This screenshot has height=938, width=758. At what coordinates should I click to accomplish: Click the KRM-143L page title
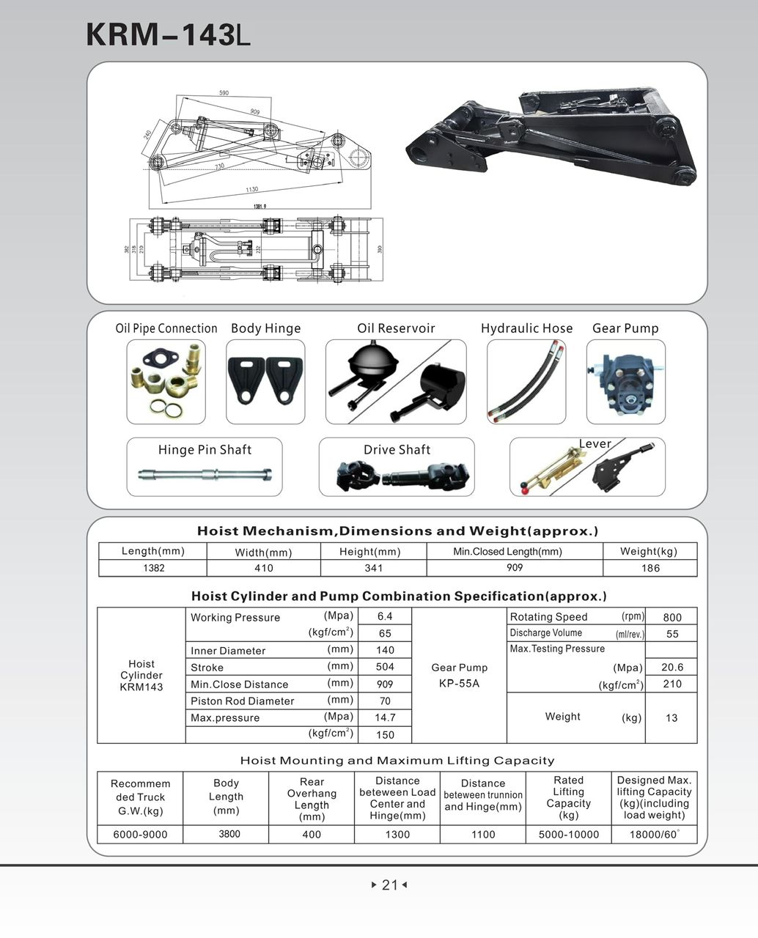[x=168, y=34]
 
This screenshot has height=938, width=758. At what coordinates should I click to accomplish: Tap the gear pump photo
[x=625, y=382]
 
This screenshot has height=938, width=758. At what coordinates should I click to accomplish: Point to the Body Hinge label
[x=265, y=328]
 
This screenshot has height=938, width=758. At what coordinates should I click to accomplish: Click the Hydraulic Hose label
[x=526, y=328]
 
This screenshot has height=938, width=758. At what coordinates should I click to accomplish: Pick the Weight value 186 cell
[x=650, y=568]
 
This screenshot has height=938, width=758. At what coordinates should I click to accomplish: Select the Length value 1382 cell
[x=153, y=568]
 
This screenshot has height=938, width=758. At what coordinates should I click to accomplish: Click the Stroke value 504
[x=385, y=667]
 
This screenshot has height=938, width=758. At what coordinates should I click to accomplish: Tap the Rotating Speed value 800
[x=671, y=617]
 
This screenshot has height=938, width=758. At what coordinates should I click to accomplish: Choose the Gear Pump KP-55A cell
[x=459, y=675]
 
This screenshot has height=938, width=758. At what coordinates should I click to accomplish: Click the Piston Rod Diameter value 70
[x=385, y=701]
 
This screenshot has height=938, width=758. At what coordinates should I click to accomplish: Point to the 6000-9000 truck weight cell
[x=140, y=834]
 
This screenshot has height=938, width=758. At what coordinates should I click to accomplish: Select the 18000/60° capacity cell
[x=654, y=834]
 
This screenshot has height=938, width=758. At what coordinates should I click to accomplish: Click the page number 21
[x=389, y=885]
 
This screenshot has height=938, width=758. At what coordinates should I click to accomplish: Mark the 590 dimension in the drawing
[x=224, y=94]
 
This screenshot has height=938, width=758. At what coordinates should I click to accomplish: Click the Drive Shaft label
[x=397, y=450]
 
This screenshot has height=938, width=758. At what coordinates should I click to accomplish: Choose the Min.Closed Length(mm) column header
[x=507, y=551]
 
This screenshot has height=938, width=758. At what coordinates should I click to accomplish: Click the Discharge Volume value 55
[x=671, y=634]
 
